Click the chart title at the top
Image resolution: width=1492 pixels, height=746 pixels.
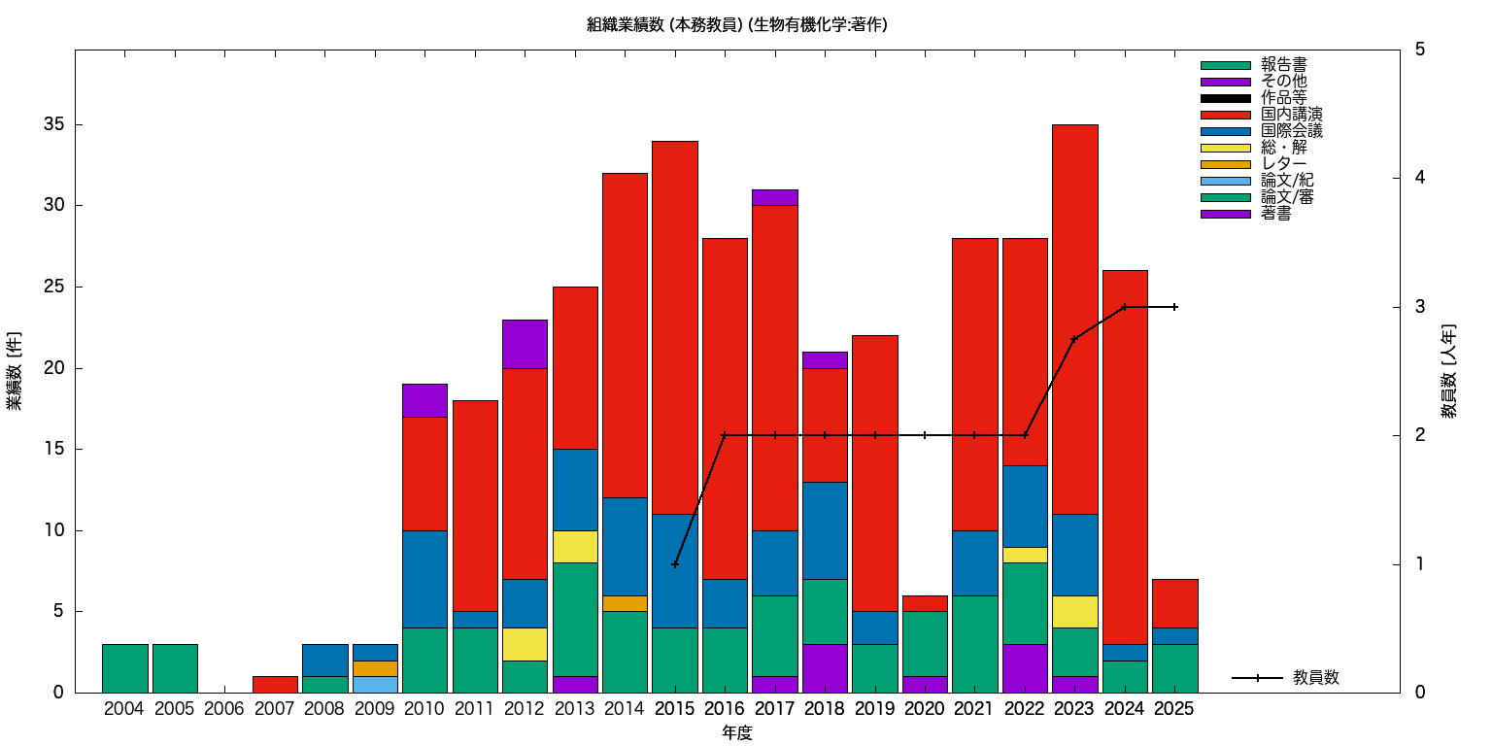click(736, 24)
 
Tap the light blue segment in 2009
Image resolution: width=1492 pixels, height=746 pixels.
click(375, 685)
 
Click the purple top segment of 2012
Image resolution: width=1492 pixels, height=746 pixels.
click(525, 344)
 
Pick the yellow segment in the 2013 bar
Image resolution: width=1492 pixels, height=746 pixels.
click(575, 547)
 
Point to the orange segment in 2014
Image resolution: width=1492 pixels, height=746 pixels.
click(625, 603)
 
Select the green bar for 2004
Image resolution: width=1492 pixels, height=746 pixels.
click(125, 668)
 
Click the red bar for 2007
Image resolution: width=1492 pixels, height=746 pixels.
click(275, 685)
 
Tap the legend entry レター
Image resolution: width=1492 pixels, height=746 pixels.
click(1283, 164)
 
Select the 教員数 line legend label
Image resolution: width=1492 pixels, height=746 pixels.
click(1316, 678)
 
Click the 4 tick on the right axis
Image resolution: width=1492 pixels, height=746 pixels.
click(1420, 178)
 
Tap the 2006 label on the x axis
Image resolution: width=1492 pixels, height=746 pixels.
click(224, 710)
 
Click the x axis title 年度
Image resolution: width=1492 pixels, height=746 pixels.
click(736, 733)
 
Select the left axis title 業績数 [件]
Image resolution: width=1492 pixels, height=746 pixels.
click(15, 371)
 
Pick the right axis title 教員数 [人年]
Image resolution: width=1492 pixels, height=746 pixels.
click(1448, 371)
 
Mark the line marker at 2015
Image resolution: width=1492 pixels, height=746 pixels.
click(675, 564)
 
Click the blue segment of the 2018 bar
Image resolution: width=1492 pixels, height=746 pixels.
click(825, 530)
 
